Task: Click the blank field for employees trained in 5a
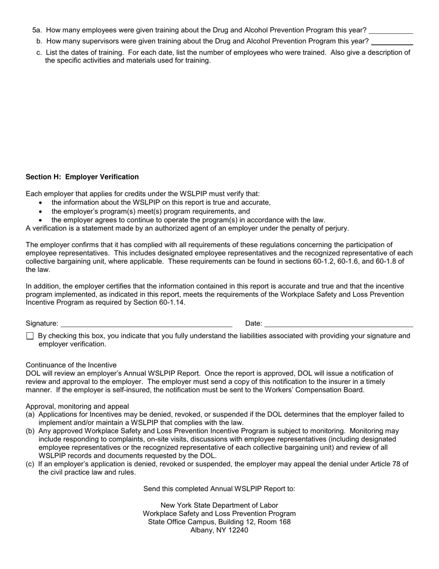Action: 390,31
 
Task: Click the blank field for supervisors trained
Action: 392,42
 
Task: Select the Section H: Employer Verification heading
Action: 82,177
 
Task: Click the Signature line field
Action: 146,323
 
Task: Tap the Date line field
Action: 338,323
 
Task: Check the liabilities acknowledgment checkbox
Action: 30,336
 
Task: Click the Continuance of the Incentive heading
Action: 71,365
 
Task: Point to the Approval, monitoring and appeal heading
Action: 77,407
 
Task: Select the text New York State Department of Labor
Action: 219,505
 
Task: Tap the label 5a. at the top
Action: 37,31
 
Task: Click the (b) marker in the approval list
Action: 30,431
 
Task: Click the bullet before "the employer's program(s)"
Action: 41,211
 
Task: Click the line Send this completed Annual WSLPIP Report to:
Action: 219,489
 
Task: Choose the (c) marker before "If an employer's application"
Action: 30,464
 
